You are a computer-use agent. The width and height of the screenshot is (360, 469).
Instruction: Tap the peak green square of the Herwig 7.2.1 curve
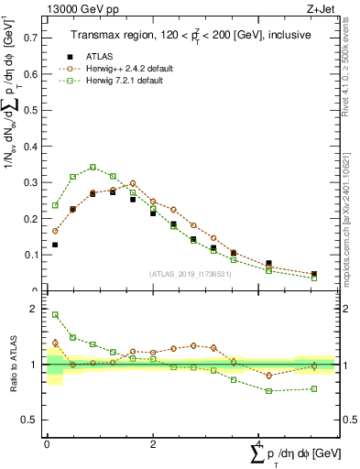tap(93, 167)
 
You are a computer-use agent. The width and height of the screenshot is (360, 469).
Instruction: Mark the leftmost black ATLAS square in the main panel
tap(55, 245)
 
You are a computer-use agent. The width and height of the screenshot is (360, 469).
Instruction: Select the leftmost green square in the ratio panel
tap(55, 315)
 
